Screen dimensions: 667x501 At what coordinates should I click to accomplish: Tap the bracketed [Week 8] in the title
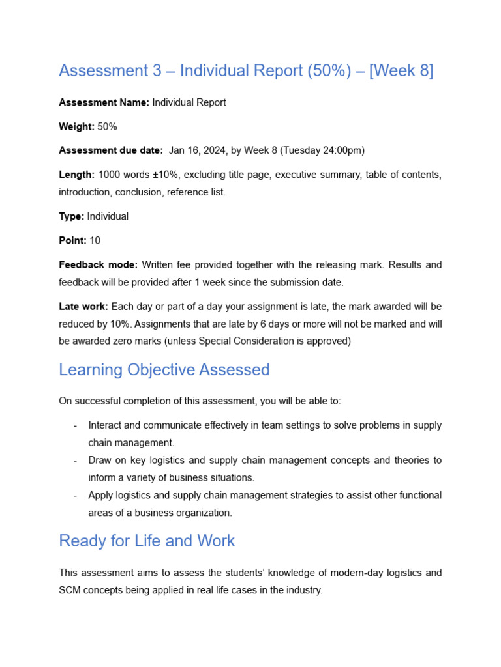coord(401,70)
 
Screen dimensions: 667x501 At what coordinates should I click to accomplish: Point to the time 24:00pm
coord(339,150)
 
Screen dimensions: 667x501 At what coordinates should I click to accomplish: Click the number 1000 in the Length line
coord(110,175)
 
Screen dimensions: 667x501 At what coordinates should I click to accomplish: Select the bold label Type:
coord(71,216)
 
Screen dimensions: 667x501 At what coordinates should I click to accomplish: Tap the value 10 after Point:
coord(95,240)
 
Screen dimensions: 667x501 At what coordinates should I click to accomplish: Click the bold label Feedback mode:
coord(98,264)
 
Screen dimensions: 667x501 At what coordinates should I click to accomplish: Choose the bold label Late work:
coord(83,306)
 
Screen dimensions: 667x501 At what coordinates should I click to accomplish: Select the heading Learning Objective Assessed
coord(164,370)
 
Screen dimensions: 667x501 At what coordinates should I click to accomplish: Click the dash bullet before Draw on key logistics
coord(76,460)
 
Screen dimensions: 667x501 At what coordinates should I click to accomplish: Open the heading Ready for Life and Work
coord(147,541)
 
